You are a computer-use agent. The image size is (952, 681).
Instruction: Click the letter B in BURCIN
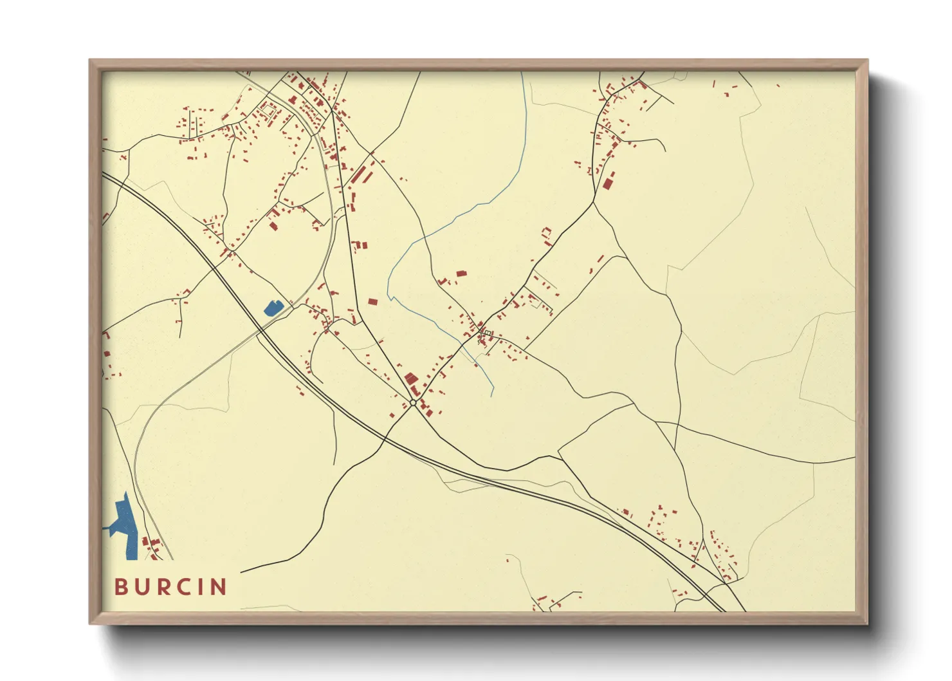[120, 587]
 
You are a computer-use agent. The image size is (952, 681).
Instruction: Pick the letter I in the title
[201, 587]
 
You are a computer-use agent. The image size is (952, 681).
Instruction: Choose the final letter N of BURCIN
[218, 587]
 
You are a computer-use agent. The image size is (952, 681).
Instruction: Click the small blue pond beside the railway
[273, 308]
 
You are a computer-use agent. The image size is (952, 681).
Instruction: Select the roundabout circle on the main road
[413, 402]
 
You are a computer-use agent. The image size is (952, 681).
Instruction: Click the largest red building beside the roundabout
[410, 379]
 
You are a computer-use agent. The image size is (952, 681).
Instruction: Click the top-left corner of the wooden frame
[90, 61]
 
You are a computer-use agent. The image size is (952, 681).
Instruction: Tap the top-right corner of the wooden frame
[867, 61]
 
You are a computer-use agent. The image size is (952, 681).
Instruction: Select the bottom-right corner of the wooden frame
[867, 623]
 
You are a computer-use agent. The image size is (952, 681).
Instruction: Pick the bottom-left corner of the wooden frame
[90, 623]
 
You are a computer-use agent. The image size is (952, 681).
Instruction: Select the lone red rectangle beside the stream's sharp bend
[372, 301]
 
